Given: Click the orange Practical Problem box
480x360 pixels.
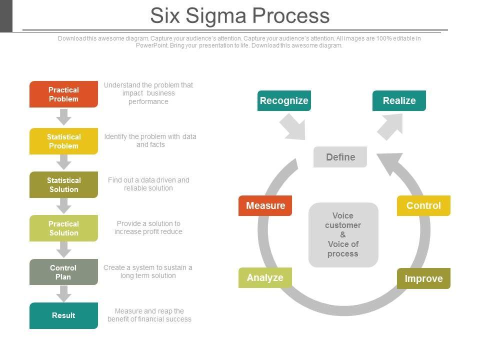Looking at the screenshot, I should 63,94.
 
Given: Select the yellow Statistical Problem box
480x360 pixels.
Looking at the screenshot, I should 63,141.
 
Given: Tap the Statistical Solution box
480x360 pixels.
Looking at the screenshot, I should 63,184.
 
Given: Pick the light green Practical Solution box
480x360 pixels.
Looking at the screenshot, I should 63,228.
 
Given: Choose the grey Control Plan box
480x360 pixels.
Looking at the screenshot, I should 63,272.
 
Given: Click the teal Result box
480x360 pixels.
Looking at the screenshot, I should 63,315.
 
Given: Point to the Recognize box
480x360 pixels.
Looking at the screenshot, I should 284,100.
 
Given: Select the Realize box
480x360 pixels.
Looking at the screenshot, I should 399,100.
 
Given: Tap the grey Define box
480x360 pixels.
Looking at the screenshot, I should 340,157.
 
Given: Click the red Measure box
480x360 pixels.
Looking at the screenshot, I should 265,205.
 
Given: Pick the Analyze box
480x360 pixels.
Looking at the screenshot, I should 265,277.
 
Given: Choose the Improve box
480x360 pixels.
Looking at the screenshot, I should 423,278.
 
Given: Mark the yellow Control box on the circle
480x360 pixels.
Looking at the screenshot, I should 423,205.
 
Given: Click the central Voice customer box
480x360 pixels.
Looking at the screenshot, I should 343,234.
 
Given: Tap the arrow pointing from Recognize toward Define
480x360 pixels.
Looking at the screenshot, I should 292,126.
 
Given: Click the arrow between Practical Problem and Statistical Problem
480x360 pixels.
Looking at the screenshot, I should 63,117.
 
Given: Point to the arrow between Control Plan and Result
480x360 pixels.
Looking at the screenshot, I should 63,293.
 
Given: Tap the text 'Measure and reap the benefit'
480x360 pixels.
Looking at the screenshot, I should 149,315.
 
